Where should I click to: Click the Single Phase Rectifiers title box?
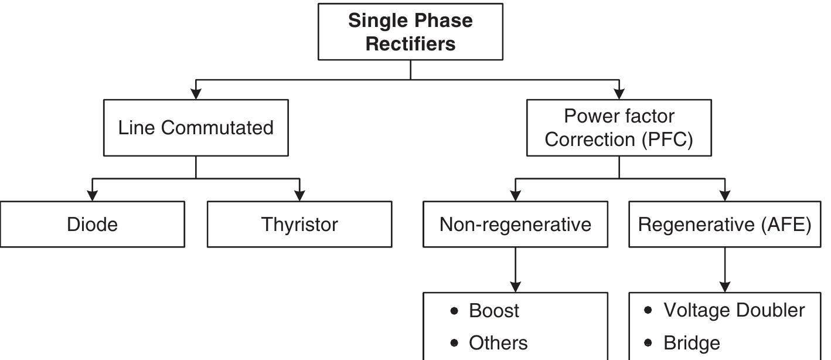(410, 32)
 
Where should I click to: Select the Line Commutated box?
(196, 128)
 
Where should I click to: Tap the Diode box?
(92, 225)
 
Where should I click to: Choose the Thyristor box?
(299, 225)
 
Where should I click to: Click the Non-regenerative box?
(515, 225)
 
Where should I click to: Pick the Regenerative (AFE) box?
(724, 225)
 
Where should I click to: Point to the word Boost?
(493, 311)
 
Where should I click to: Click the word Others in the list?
(498, 343)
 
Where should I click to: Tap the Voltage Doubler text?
(734, 310)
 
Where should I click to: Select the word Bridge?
(692, 343)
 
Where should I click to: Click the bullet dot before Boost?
(454, 311)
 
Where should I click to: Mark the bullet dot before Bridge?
(648, 342)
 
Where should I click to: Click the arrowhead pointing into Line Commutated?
(196, 94)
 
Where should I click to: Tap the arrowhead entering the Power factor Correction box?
(619, 94)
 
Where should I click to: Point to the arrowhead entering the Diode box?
(92, 196)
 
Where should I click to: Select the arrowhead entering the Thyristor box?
(299, 196)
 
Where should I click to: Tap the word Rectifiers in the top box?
(410, 44)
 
